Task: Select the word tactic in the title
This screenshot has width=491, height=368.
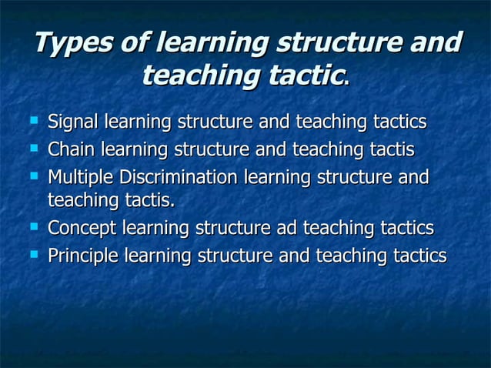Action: click(301, 75)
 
